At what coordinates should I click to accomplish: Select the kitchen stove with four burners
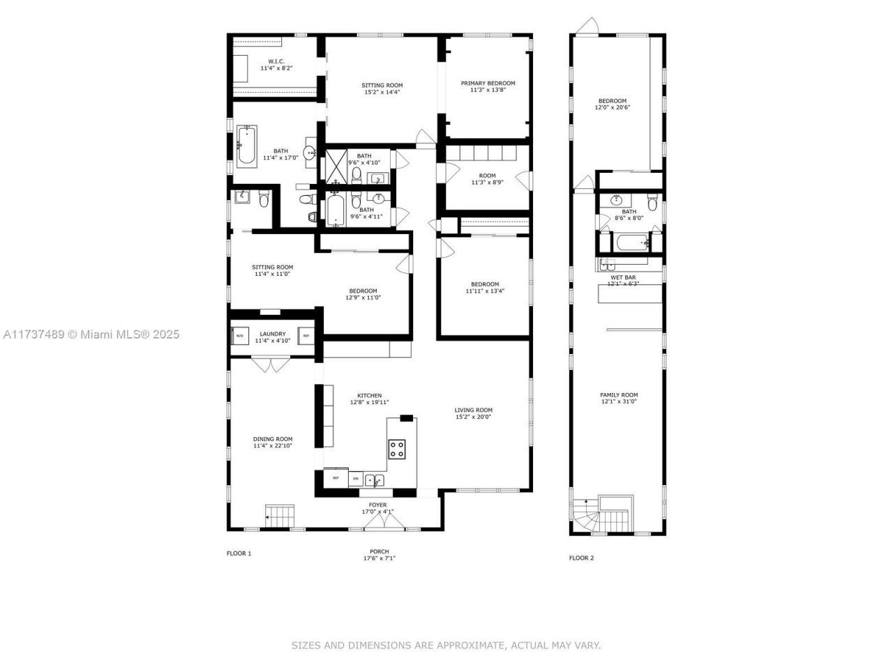point(397,449)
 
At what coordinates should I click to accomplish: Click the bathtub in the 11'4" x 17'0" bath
point(246,145)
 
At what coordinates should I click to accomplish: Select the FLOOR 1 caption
point(239,553)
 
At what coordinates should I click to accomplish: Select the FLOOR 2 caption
point(581,557)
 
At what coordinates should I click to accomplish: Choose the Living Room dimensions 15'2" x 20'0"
point(474,417)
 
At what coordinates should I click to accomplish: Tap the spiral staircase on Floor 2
point(585,518)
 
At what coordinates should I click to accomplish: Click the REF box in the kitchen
point(336,478)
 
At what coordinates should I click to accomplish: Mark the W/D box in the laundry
point(239,336)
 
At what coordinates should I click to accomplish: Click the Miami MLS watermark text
point(91,334)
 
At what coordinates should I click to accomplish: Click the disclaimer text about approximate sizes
point(446,645)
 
